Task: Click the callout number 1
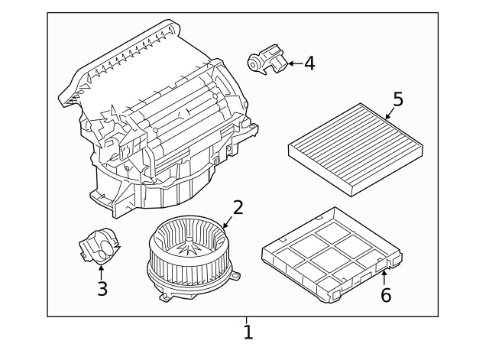pyautogui.click(x=248, y=332)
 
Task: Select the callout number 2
pyautogui.click(x=238, y=207)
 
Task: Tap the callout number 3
pyautogui.click(x=102, y=288)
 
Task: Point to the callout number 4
pyautogui.click(x=309, y=63)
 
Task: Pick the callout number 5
pyautogui.click(x=397, y=99)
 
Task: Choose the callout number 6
pyautogui.click(x=386, y=294)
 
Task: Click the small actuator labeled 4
pyautogui.click(x=266, y=59)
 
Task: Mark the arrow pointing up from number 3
pyautogui.click(x=102, y=271)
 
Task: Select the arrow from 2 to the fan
pyautogui.click(x=226, y=222)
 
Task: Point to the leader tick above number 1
pyautogui.click(x=247, y=320)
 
